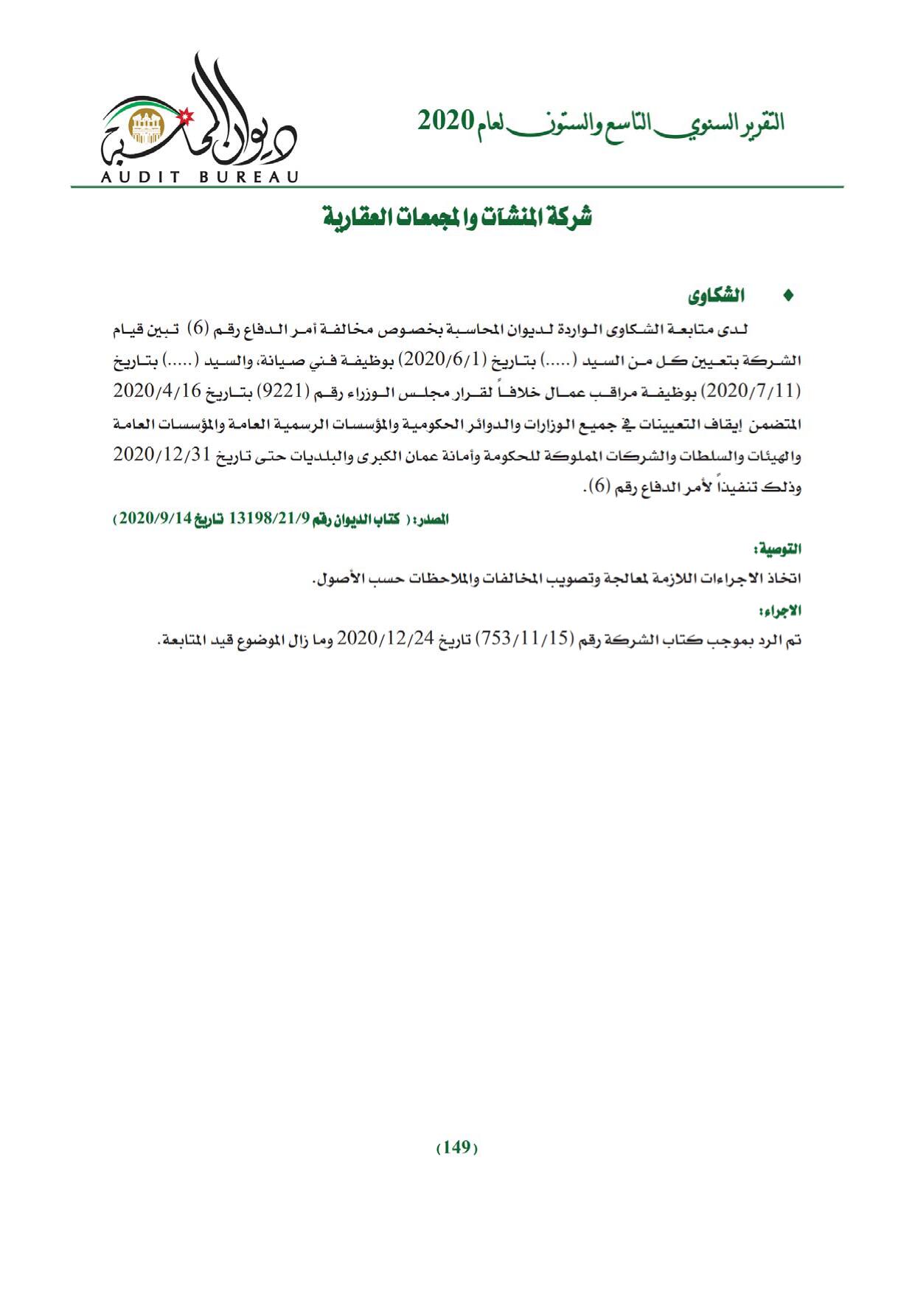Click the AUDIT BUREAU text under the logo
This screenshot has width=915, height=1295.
click(200, 177)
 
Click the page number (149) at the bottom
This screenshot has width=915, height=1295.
click(457, 1147)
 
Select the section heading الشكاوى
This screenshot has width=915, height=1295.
click(715, 297)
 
